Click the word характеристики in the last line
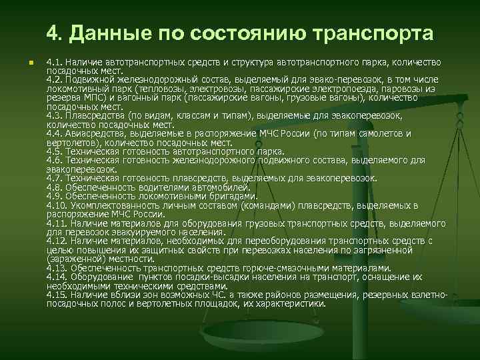click(293, 303)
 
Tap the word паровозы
click(413, 88)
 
